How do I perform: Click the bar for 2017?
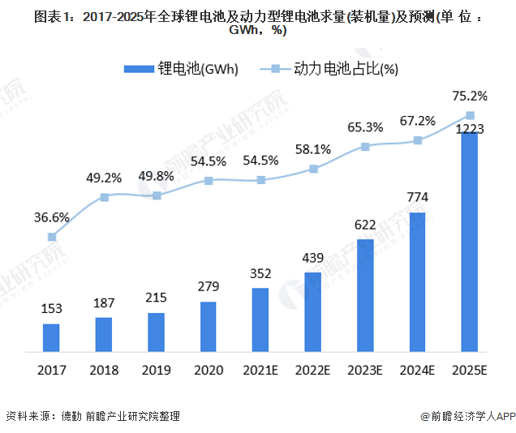click(x=52, y=337)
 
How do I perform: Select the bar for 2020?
click(x=209, y=327)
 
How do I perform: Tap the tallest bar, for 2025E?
click(x=470, y=242)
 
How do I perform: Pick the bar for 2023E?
click(x=365, y=295)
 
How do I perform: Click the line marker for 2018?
click(x=105, y=197)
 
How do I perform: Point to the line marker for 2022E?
click(x=313, y=169)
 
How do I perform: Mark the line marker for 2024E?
click(x=418, y=140)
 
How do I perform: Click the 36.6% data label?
click(x=52, y=217)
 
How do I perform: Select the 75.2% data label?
click(x=470, y=96)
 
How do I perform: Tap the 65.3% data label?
click(x=365, y=126)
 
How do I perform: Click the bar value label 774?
click(x=418, y=197)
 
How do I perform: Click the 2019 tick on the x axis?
click(x=157, y=371)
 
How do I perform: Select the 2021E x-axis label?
click(x=261, y=371)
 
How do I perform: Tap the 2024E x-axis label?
click(x=418, y=371)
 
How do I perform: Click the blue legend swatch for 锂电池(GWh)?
click(x=139, y=69)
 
